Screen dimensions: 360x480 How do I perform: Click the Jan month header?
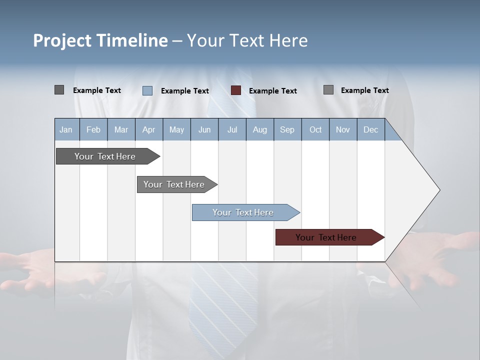click(x=66, y=129)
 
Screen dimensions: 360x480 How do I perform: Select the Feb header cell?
click(x=93, y=129)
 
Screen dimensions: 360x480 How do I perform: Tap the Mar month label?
click(x=121, y=129)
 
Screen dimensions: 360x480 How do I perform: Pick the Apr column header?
click(x=149, y=129)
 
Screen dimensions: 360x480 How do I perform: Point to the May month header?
click(x=176, y=129)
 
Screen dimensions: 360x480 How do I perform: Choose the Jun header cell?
click(x=204, y=129)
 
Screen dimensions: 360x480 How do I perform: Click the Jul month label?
click(x=232, y=129)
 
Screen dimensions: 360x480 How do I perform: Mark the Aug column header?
click(x=260, y=129)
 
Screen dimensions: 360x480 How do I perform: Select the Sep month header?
click(x=287, y=129)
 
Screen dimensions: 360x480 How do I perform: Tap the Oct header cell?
click(x=315, y=129)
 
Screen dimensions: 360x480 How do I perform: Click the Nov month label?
click(x=343, y=129)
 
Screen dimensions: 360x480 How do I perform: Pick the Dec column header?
click(x=371, y=129)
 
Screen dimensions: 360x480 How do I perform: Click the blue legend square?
click(x=147, y=90)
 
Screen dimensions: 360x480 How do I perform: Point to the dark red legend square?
click(x=236, y=90)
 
